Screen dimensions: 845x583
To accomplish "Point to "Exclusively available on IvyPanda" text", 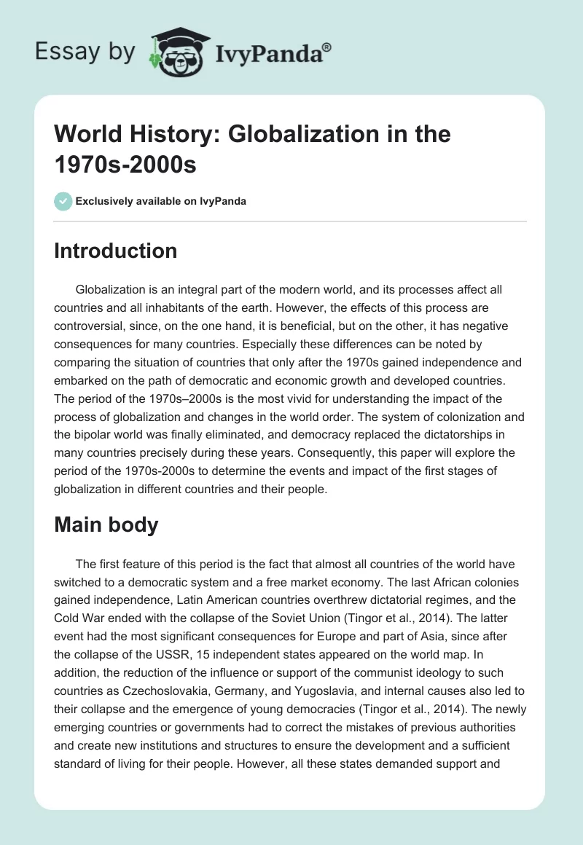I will (160, 201).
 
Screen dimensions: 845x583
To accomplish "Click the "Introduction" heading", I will (116, 251).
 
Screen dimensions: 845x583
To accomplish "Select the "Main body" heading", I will (106, 524).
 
